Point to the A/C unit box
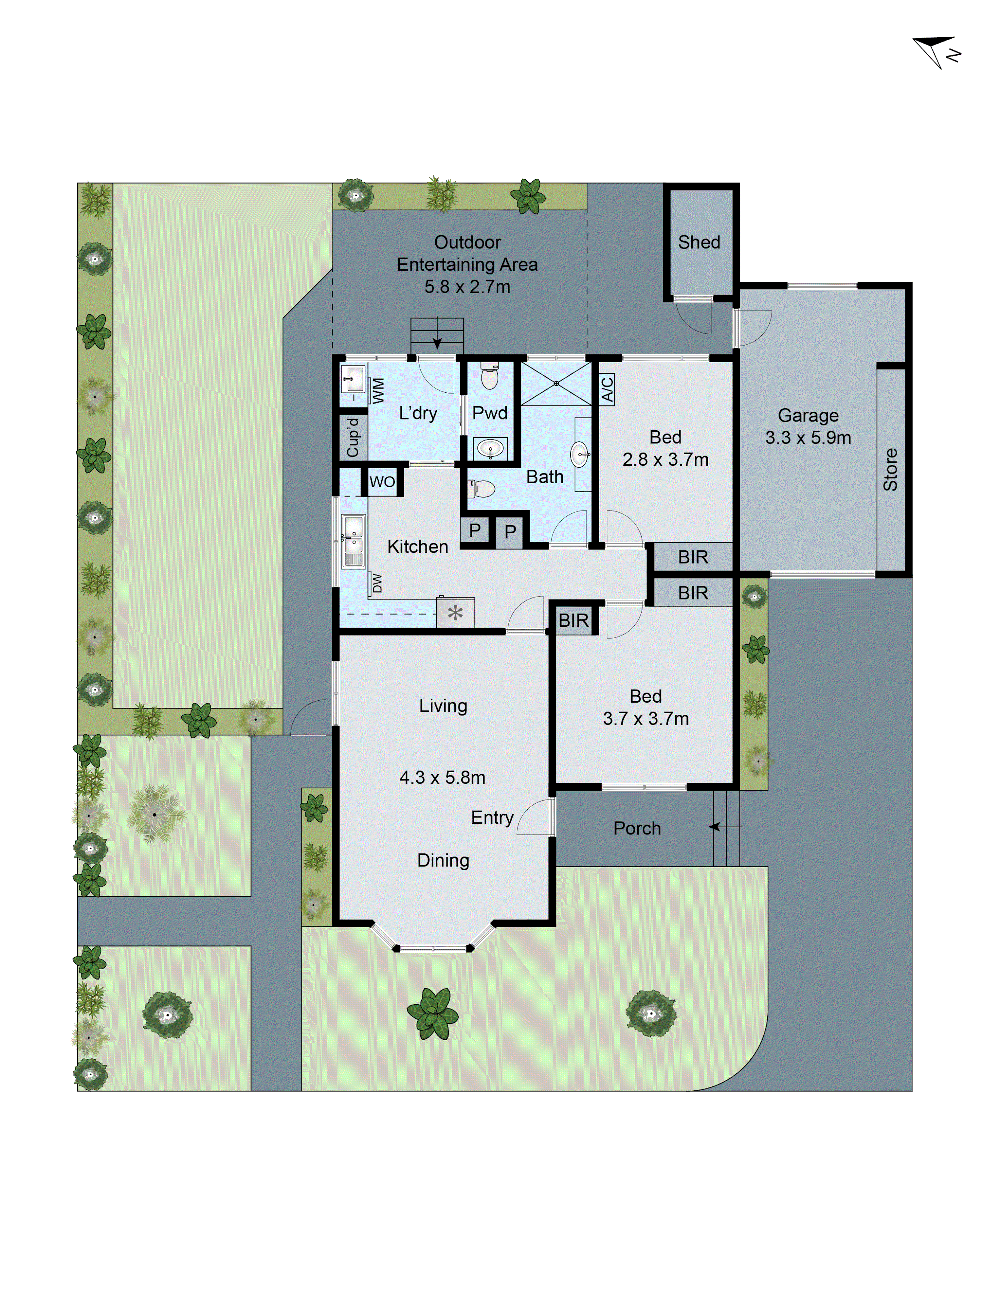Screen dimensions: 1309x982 [607, 389]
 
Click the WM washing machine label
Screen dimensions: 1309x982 [377, 390]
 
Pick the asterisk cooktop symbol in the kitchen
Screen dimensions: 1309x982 [455, 613]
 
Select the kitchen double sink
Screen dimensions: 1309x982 [354, 540]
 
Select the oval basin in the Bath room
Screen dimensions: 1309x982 [579, 455]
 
